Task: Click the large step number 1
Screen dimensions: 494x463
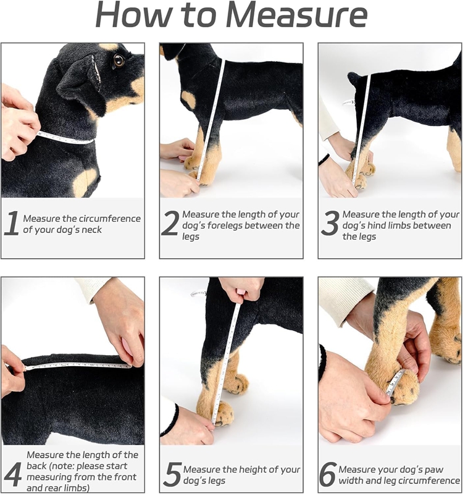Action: (x=11, y=224)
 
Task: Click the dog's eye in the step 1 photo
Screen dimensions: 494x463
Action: (x=119, y=61)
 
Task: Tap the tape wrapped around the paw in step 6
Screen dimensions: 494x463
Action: (x=396, y=382)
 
